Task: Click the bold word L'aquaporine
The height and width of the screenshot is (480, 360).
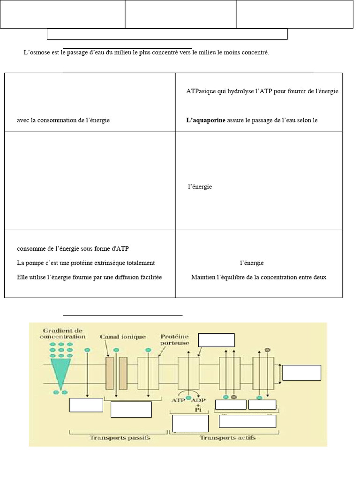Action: click(206, 120)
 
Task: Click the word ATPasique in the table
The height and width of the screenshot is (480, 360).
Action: click(201, 91)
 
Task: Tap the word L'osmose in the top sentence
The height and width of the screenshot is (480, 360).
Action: click(35, 53)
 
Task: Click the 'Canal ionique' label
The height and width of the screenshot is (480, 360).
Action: click(123, 337)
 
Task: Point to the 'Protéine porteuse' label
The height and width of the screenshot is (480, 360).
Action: click(174, 339)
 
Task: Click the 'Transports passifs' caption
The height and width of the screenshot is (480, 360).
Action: click(120, 438)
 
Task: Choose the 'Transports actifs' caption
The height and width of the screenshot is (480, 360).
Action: click(227, 438)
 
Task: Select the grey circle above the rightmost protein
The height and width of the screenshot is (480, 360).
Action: click(268, 349)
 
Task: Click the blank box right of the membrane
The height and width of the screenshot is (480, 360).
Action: click(302, 373)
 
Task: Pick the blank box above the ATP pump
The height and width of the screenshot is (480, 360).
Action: click(217, 340)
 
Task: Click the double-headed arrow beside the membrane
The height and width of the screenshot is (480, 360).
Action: click(280, 373)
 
